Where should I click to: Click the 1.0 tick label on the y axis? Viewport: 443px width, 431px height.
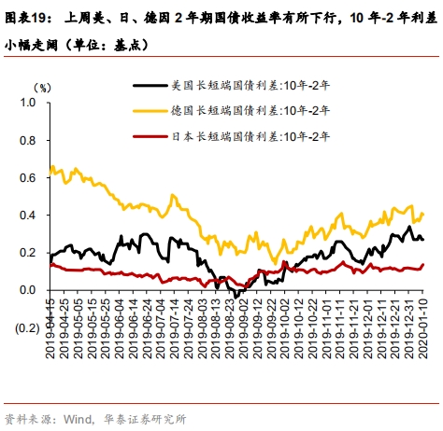tap(28, 103)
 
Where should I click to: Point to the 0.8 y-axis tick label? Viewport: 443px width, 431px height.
tap(28, 141)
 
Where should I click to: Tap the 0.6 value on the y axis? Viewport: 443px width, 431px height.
tap(28, 178)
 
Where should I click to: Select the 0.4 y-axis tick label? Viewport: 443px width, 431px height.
tap(28, 215)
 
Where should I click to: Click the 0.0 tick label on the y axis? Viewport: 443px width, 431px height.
tap(28, 290)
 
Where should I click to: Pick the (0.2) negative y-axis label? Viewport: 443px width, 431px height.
tap(27, 328)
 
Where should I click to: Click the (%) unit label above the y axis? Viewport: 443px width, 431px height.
tap(42, 88)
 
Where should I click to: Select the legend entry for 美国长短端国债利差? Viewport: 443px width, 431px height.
tap(231, 85)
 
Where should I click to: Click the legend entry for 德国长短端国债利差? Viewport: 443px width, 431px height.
tap(231, 111)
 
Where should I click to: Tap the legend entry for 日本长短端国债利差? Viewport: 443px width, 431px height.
tap(231, 136)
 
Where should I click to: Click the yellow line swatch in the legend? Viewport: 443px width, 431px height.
tap(150, 111)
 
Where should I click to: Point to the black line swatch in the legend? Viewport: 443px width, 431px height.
tap(150, 85)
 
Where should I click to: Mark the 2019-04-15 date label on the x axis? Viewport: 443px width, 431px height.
tap(50, 328)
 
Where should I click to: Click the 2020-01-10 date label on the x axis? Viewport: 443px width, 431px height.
tap(422, 328)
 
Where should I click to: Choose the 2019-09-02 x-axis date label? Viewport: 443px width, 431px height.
tap(243, 328)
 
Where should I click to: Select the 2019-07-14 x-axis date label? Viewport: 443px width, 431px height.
tap(174, 328)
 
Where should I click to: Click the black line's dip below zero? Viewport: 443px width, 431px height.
tap(236, 297)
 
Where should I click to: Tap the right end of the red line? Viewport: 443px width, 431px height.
tap(423, 265)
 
